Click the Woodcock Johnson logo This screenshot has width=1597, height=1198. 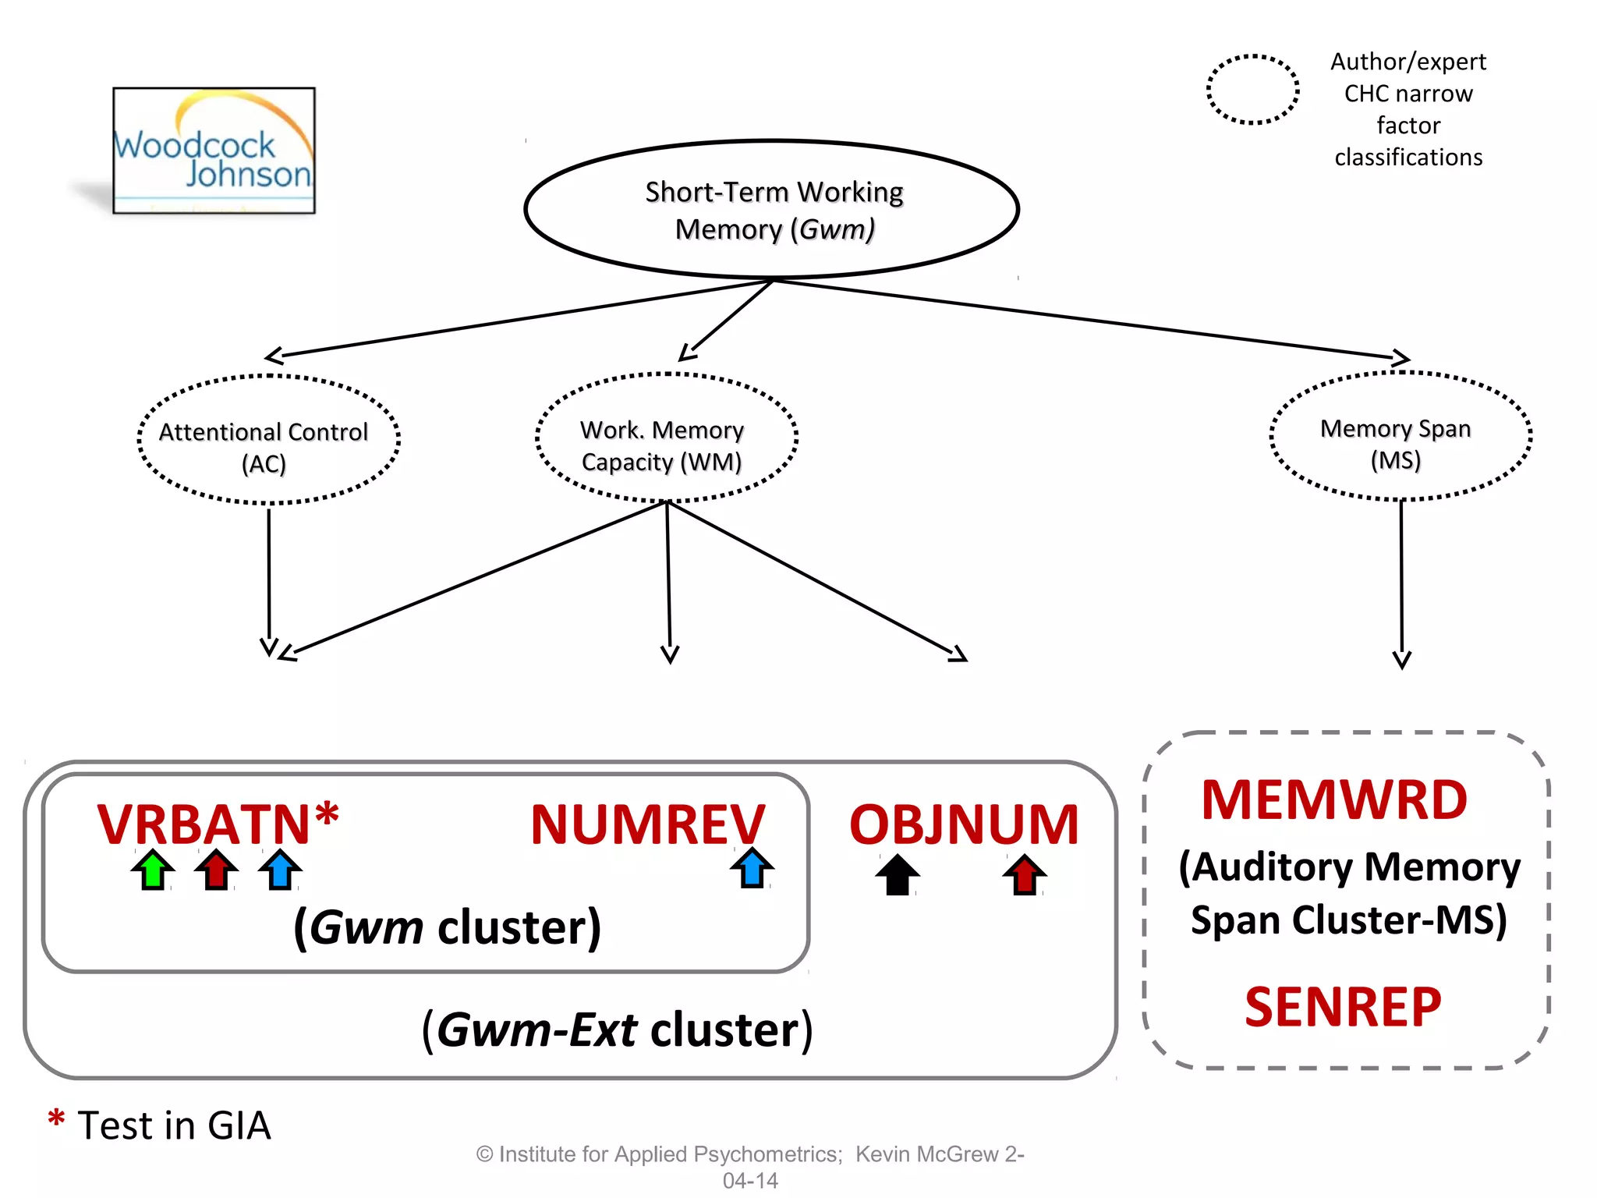(214, 151)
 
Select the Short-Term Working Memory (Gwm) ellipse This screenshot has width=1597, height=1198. (772, 210)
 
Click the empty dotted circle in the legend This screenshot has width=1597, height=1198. (1252, 90)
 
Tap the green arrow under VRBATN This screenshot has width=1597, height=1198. (153, 870)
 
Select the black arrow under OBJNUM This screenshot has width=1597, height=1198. (898, 874)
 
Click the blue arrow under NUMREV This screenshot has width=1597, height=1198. (752, 868)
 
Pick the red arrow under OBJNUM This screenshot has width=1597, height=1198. (1024, 874)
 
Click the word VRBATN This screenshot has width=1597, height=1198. (204, 824)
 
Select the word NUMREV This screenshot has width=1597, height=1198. (647, 824)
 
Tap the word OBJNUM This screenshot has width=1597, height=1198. (964, 824)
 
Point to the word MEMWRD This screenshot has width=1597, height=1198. (1334, 800)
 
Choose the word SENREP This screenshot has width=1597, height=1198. (1343, 1007)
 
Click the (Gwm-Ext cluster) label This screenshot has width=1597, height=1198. (617, 1030)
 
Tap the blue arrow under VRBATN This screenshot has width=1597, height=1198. (280, 870)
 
